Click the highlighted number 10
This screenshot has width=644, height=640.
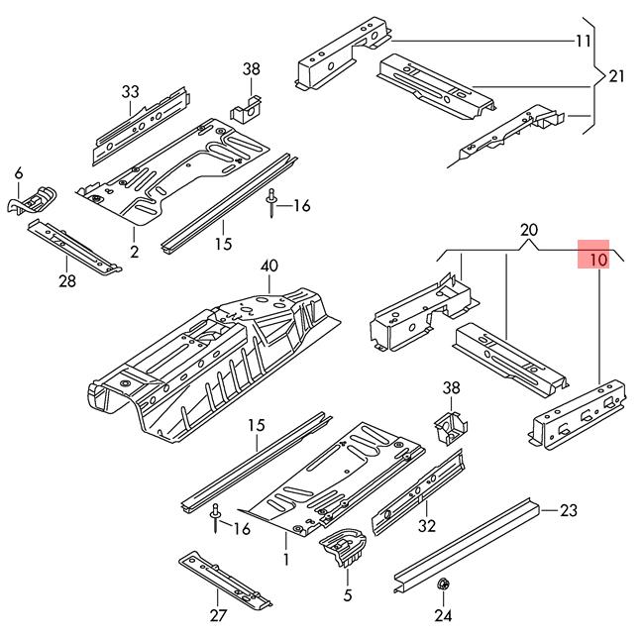tap(596, 261)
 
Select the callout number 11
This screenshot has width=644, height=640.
tap(583, 41)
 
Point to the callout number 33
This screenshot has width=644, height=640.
tap(132, 92)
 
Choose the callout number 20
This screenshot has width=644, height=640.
tap(528, 232)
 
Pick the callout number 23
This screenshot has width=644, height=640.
tap(568, 511)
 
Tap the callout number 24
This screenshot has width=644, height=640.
tap(441, 615)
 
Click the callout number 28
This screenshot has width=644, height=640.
tap(67, 280)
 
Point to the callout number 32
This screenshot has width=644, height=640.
tap(427, 525)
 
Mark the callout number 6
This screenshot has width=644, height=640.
tap(18, 174)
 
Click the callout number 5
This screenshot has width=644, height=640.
tap(347, 595)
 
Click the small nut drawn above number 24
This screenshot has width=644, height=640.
tap(441, 587)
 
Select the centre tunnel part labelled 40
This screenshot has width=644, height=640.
tap(218, 357)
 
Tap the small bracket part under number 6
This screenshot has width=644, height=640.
tap(32, 199)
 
